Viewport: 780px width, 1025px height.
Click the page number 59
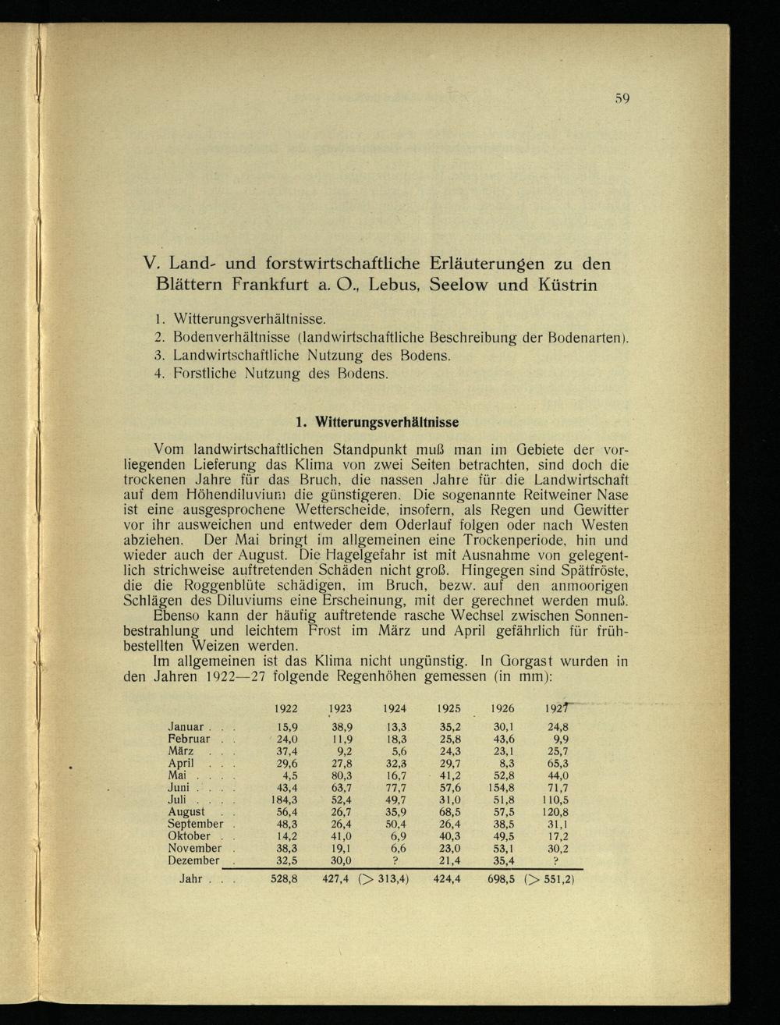(x=621, y=98)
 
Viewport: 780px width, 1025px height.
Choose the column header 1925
(x=448, y=709)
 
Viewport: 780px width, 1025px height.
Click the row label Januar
(x=186, y=726)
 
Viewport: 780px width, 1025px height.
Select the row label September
(x=196, y=823)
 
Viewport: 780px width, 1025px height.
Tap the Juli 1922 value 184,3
(x=284, y=799)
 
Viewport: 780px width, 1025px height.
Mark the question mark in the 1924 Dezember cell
(x=396, y=860)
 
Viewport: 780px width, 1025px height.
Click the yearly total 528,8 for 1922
(x=284, y=878)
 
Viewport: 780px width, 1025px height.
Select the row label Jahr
(x=191, y=878)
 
